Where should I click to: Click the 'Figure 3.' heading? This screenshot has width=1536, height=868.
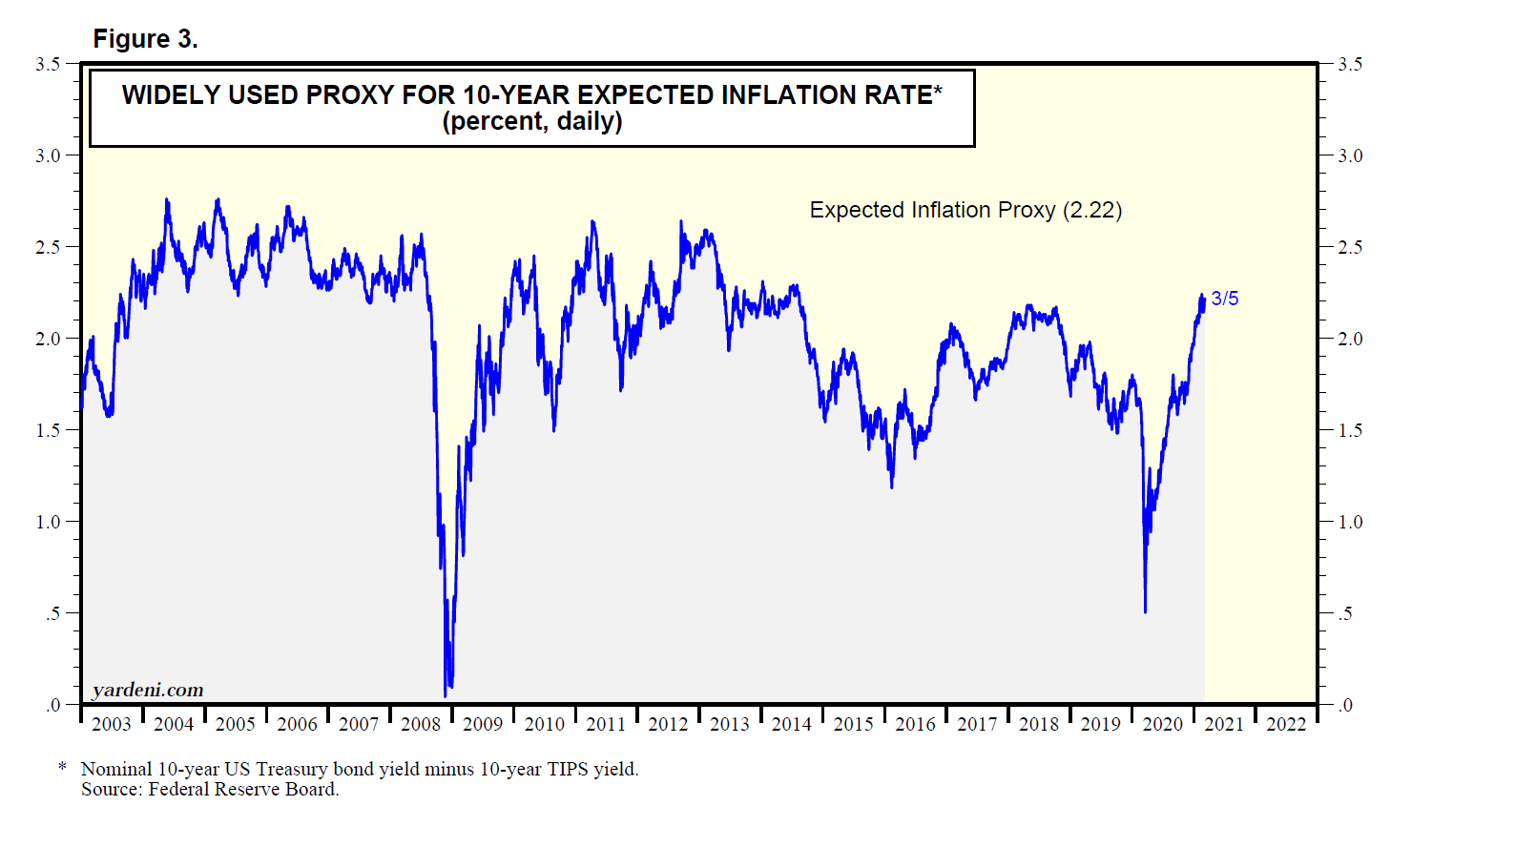(x=145, y=39)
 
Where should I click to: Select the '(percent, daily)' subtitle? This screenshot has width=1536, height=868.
(x=531, y=122)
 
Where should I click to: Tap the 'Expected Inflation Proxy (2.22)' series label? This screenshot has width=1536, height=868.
(x=965, y=210)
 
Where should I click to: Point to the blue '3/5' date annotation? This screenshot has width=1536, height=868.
(x=1225, y=299)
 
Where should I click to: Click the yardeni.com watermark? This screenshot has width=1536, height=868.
(x=148, y=690)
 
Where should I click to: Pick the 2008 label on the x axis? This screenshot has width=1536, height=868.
(x=421, y=724)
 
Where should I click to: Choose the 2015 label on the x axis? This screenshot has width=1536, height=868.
(x=853, y=724)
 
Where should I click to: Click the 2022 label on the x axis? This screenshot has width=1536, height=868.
(x=1285, y=724)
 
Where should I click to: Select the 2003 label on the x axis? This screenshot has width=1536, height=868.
(x=112, y=724)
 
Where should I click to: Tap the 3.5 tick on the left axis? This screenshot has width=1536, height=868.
(x=48, y=64)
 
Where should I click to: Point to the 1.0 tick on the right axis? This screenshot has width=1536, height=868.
(x=1350, y=522)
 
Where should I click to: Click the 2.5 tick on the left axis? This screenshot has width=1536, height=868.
(x=48, y=247)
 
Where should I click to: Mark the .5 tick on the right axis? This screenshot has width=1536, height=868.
(x=1345, y=613)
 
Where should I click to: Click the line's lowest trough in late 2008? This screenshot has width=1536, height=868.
(x=446, y=694)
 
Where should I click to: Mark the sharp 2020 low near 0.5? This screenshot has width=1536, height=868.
(x=1145, y=611)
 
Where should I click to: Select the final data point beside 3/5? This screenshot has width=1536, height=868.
(x=1204, y=299)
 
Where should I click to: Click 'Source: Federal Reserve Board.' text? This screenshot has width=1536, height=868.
(x=210, y=789)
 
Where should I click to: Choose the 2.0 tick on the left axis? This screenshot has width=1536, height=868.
(x=48, y=339)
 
